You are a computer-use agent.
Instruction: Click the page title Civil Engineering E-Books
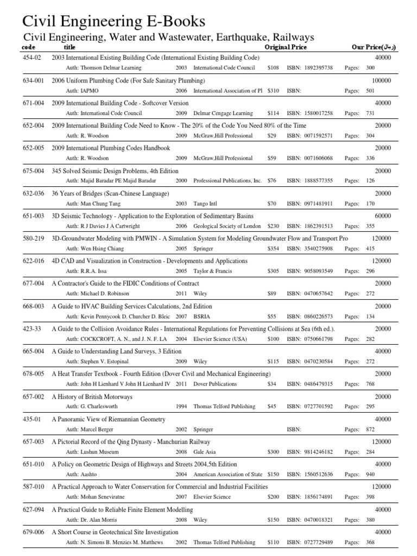[113, 22]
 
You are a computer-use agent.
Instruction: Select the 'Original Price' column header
[286, 47]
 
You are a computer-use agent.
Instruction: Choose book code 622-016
[34, 261]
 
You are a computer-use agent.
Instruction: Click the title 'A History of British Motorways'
[92, 396]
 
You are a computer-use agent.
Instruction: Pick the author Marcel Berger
[100, 429]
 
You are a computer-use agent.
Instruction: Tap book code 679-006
[34, 532]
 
